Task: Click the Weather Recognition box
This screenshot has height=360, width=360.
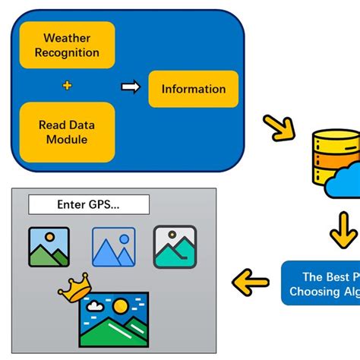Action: point(67,45)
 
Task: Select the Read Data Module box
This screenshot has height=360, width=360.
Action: point(67,131)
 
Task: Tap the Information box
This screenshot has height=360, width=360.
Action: point(193,89)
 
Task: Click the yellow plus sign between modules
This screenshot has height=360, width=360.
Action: point(67,87)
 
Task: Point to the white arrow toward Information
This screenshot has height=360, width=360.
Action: point(131,88)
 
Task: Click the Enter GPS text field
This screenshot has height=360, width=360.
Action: point(88,204)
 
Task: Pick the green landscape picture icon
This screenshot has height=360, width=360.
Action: point(49,248)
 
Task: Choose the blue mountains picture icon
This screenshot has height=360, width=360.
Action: point(113,248)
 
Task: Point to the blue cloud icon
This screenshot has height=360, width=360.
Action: point(344,182)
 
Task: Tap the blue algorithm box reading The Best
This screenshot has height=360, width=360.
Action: point(321,283)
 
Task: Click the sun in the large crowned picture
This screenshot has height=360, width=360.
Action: point(120,308)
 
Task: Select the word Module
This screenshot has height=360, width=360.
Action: point(67,139)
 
